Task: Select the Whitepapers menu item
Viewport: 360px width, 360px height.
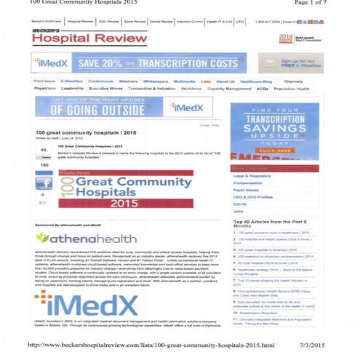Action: click(155, 81)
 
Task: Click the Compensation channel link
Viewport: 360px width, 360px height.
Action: click(249, 184)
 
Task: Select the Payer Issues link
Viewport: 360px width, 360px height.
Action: click(247, 192)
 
